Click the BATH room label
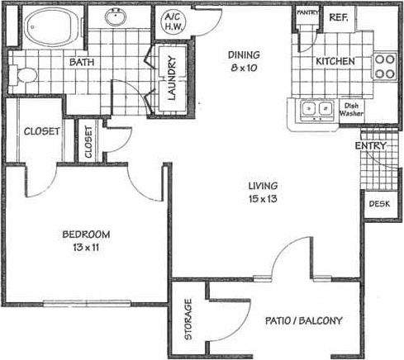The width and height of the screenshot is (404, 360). (81, 63)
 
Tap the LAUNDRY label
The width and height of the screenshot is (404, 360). (173, 77)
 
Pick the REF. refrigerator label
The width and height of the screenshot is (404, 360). (338, 17)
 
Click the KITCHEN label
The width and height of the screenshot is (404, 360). (335, 61)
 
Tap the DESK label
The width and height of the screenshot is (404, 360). (378, 203)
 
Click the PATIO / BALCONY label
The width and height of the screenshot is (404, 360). (304, 320)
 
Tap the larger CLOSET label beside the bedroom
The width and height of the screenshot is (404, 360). (40, 132)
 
